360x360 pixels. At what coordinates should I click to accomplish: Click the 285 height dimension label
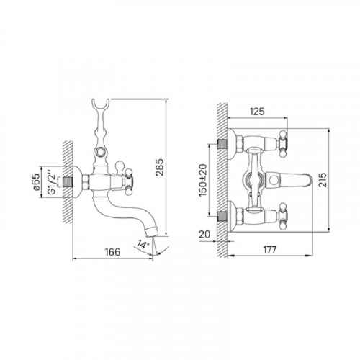pos(159,167)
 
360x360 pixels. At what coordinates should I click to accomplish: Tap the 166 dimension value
pos(112,252)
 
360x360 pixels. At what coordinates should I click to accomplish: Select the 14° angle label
pos(143,245)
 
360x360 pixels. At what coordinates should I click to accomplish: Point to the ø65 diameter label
pos(36,182)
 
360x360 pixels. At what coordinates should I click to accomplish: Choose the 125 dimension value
pos(257,112)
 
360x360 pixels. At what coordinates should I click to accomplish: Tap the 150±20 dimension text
pos(203,180)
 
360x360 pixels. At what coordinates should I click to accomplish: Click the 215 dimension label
pos(323,180)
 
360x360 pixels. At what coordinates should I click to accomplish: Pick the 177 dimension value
pos(270,250)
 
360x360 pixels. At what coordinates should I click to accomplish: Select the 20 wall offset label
pos(204,234)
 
